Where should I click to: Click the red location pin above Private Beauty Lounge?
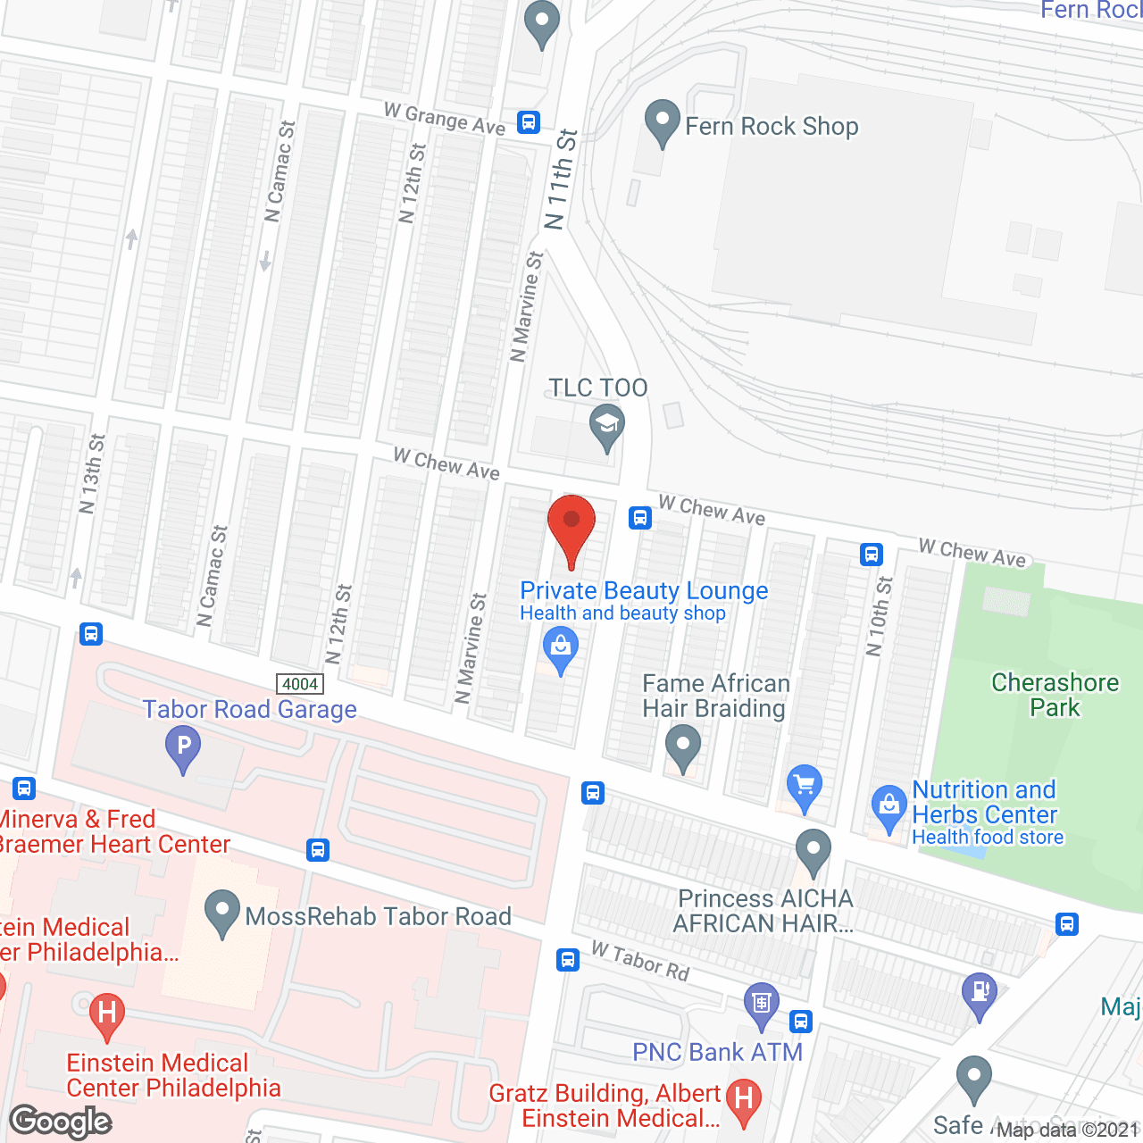(x=571, y=527)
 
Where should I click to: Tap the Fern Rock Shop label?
(x=772, y=127)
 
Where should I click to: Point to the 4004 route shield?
(x=300, y=684)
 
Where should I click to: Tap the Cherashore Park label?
(x=1055, y=695)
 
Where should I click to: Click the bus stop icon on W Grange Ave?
(x=529, y=122)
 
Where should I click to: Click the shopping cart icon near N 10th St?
(x=805, y=786)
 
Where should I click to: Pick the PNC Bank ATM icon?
(x=761, y=1003)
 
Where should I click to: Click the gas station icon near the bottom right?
(x=980, y=992)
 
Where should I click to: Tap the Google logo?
(x=61, y=1122)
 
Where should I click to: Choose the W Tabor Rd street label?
(x=640, y=961)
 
